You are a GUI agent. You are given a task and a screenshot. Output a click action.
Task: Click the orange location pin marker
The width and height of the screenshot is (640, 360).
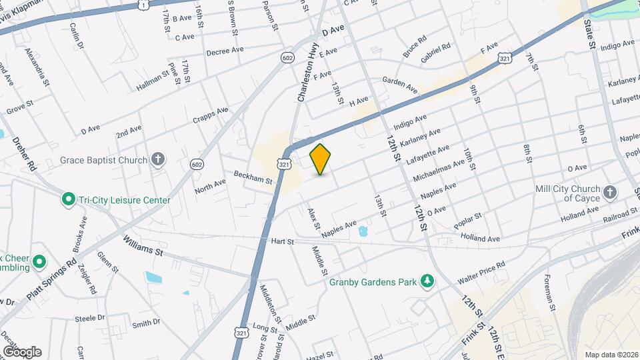321,159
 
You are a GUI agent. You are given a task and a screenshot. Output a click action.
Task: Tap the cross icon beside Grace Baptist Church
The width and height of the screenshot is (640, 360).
157,159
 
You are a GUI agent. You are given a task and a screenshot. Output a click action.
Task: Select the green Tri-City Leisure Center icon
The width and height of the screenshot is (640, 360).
67,199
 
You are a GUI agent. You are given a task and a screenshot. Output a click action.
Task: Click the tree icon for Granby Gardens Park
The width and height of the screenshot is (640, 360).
427,281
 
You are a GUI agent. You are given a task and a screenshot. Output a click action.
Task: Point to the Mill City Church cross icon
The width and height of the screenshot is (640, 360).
609,193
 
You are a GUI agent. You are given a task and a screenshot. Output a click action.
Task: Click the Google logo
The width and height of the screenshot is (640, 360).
21,351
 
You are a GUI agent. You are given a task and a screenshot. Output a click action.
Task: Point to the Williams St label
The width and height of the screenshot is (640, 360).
143,245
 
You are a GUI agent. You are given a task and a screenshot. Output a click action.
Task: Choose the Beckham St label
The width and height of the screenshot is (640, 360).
253,177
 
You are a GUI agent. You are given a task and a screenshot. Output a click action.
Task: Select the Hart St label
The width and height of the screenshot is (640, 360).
282,241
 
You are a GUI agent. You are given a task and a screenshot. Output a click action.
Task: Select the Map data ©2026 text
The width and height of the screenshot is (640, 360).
611,354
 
